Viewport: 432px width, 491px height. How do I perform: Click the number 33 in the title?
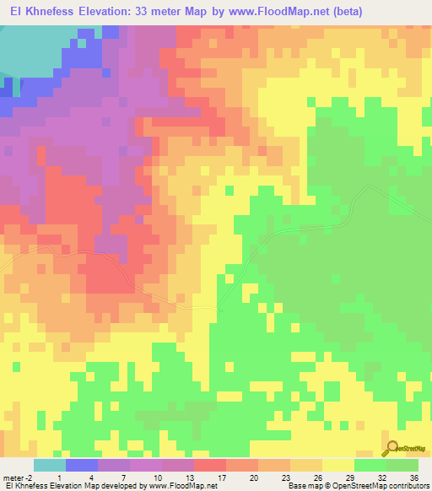click(179, 11)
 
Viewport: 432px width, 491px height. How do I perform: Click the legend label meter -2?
click(17, 477)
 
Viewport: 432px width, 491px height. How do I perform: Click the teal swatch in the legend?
click(50, 465)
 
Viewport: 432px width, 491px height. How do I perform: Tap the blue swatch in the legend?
click(82, 465)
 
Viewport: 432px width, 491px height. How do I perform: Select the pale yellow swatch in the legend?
click(338, 465)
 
